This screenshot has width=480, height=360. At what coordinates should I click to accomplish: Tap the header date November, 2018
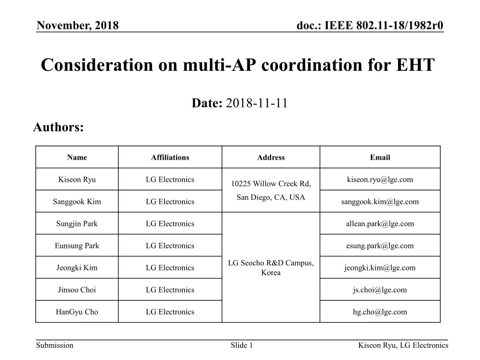point(77,25)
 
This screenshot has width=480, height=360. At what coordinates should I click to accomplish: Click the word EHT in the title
point(414,65)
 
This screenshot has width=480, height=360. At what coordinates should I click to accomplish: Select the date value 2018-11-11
point(256,104)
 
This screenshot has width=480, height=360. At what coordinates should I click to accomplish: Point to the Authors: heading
point(58,127)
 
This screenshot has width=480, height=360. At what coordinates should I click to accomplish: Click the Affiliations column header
point(170,157)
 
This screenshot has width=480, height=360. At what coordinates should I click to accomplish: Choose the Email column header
point(380,157)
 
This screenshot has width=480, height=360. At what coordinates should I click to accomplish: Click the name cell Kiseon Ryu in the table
point(77,180)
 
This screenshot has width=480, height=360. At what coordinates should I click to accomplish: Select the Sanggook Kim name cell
point(77,202)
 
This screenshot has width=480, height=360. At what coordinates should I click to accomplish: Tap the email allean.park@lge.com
point(380,224)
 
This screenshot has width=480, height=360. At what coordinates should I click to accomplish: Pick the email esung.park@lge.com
point(380,246)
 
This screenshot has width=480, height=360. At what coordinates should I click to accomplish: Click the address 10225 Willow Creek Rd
point(271,184)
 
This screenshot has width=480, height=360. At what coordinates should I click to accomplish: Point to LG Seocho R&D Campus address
point(271,263)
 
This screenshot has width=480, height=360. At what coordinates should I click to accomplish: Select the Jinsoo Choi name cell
point(77,290)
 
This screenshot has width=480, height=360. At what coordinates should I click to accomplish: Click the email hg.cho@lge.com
point(380,312)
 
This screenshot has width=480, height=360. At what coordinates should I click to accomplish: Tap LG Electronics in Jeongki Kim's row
point(170,268)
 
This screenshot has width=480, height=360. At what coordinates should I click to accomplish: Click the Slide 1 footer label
point(242,345)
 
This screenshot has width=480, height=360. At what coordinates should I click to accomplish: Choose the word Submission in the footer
point(55,345)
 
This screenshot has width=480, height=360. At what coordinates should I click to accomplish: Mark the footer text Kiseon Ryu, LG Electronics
point(403,345)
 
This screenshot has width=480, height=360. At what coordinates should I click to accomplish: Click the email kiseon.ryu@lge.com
point(380,180)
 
